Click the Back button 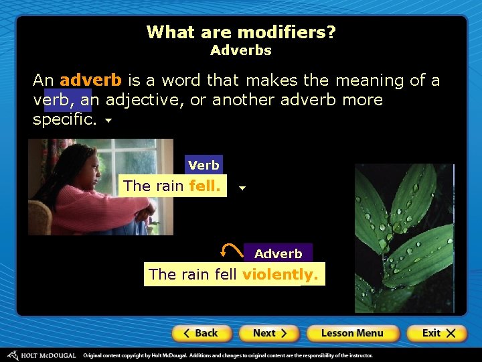(202, 333)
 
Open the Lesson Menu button (352, 333)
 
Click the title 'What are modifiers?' (241, 32)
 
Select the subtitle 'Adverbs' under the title (241, 50)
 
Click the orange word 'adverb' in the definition (90, 80)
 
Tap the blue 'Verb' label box (204, 165)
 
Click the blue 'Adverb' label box (278, 253)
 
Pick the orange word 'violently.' (280, 274)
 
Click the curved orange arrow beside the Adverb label (231, 251)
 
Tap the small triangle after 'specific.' (108, 123)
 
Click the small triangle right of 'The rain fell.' (242, 188)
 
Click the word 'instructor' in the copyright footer (354, 355)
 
